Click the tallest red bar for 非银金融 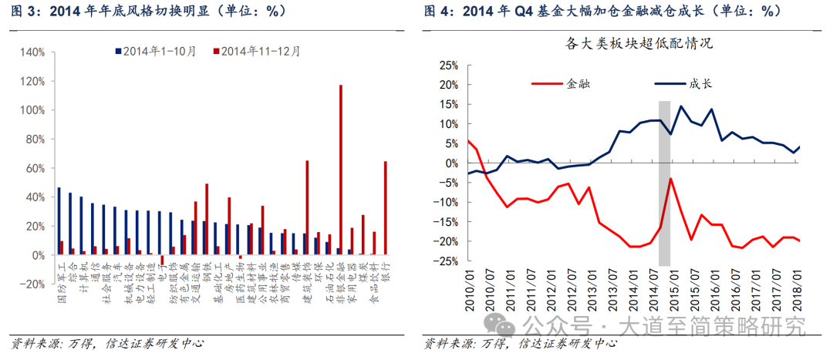click(x=341, y=170)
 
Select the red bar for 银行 click(x=385, y=207)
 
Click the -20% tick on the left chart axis click(x=31, y=284)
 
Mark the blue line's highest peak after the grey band click(x=681, y=106)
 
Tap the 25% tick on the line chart click(x=449, y=65)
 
